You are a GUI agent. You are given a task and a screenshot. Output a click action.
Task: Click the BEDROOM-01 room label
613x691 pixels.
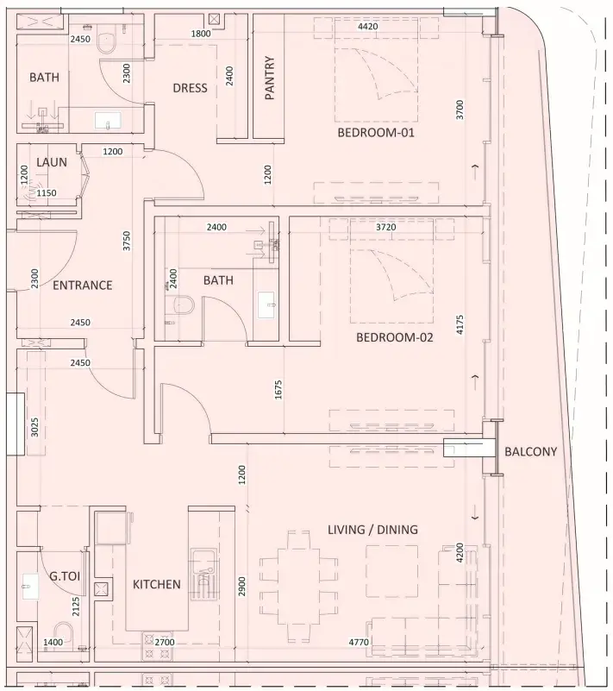pos(376,132)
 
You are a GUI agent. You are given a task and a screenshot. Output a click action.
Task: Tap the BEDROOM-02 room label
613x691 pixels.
pos(394,337)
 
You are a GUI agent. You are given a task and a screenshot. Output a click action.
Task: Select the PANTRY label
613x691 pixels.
pos(270,78)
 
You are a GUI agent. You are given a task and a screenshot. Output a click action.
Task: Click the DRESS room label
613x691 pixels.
pos(190,88)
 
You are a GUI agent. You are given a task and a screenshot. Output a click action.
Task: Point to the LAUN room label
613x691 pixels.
pos(52,162)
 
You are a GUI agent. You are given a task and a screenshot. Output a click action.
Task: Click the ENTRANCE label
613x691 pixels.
pos(83,286)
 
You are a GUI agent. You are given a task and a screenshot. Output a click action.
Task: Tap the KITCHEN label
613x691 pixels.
pos(157,584)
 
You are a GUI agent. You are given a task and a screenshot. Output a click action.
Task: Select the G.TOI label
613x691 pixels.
pos(65,575)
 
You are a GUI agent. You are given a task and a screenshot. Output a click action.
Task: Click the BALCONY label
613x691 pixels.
pos(530,452)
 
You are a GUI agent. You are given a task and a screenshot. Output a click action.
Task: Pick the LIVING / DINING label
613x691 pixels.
pos(372,530)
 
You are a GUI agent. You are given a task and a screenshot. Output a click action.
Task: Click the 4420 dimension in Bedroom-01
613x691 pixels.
pos(367,27)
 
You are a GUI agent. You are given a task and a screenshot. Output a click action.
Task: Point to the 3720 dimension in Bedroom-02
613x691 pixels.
pos(385,228)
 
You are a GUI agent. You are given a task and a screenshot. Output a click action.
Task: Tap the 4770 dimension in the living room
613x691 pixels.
pos(359,642)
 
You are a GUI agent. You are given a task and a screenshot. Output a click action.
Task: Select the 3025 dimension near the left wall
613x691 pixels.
pos(34,427)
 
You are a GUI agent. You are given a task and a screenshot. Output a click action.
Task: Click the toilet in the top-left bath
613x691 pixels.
pos(106,43)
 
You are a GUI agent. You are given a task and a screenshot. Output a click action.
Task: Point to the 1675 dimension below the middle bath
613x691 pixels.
pos(278,390)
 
